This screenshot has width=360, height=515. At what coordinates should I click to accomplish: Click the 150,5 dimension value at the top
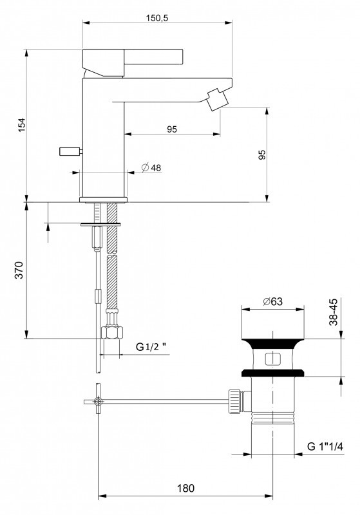156,18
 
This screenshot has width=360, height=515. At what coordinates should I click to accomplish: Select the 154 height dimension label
22,125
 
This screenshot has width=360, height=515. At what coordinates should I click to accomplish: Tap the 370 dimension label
20,270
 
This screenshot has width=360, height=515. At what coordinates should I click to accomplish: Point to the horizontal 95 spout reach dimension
172,129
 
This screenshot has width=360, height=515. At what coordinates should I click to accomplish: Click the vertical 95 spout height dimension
261,154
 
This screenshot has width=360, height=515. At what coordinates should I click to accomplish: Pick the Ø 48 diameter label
151,167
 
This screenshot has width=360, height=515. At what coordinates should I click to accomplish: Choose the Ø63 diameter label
272,301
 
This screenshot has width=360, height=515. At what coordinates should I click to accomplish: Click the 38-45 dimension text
333,312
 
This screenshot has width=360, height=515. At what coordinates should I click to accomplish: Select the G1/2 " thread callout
151,347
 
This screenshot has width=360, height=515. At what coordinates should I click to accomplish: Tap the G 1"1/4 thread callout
325,446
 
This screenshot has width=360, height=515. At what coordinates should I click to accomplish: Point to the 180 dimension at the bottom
186,489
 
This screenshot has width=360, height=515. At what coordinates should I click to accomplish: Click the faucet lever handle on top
133,62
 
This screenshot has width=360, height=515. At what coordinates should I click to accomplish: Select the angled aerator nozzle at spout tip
216,99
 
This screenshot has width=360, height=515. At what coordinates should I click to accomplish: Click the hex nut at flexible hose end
113,332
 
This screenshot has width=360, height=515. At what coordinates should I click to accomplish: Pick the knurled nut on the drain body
234,400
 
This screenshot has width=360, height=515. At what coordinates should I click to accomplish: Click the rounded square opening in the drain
272,359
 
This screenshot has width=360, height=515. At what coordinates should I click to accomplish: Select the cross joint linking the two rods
98,401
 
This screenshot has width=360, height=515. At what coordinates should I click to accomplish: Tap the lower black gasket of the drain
273,373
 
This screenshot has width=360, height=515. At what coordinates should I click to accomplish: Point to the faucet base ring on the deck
103,200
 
